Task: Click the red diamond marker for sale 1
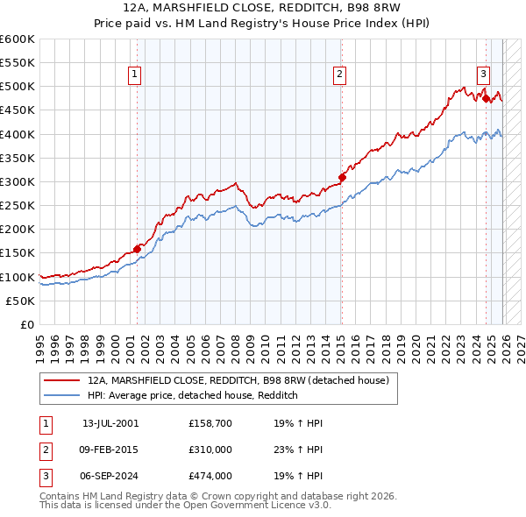click(x=138, y=249)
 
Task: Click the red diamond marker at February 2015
click(x=342, y=177)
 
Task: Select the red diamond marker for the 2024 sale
click(x=486, y=98)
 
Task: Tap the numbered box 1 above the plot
click(x=135, y=75)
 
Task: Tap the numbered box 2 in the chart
click(x=339, y=75)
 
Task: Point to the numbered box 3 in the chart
click(x=483, y=75)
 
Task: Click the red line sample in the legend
click(x=62, y=380)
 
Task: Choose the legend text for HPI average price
click(x=193, y=396)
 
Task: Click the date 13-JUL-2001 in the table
click(x=110, y=423)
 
